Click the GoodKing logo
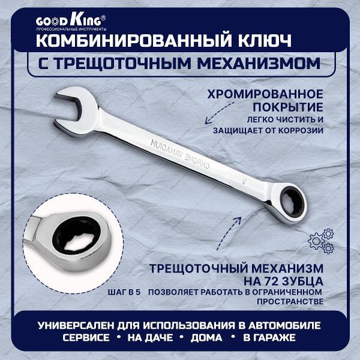tap(71, 19)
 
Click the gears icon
tap(320, 239)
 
